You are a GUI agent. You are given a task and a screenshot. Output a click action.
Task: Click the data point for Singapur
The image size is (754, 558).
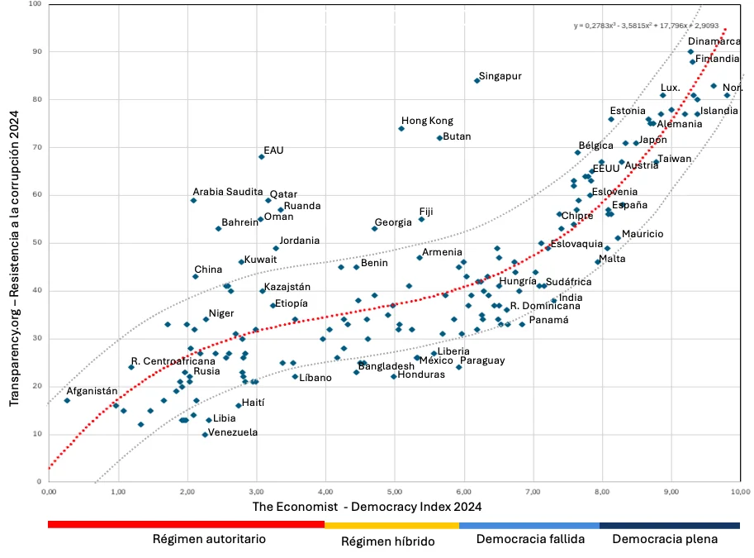coord(477,80)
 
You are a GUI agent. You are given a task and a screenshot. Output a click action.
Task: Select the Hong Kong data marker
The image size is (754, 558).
coord(401,128)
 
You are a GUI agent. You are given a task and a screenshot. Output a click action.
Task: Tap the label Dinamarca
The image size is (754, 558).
coord(714,41)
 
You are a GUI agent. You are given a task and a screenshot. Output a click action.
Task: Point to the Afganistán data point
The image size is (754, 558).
coord(67,401)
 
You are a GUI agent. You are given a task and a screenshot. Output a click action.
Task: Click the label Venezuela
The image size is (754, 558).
coord(233,432)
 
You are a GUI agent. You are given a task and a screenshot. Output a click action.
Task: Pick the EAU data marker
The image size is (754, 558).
coord(262,156)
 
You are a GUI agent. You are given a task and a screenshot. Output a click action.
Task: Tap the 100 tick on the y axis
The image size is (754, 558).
coord(35,4)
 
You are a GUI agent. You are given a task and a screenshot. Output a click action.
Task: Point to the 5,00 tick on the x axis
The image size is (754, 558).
coord(394,491)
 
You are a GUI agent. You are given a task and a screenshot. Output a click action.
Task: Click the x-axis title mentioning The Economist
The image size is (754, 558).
coord(367,506)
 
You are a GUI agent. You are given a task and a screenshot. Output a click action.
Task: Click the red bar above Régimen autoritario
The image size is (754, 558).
coord(186,525)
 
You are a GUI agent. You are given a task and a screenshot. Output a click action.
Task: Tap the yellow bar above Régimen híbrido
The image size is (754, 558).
coord(391,525)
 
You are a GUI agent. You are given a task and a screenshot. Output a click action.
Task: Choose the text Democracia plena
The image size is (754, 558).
coord(665,540)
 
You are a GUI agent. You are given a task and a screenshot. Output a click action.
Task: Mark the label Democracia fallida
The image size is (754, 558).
coord(530,540)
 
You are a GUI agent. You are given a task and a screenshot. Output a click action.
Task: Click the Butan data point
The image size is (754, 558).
coord(439,138)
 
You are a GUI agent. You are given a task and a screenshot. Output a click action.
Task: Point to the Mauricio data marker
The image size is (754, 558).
coord(618,238)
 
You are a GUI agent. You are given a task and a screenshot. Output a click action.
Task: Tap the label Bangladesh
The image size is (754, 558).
coord(386,366)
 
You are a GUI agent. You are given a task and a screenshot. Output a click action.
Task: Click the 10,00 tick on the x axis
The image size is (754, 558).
coord(740,491)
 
